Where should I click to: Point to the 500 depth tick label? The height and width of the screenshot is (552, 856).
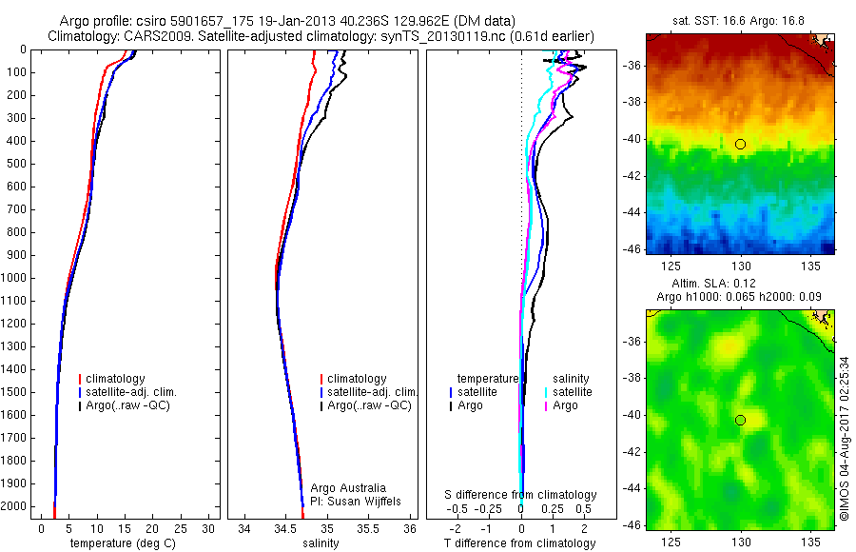point(15,164)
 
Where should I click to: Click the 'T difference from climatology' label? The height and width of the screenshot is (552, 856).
point(519,543)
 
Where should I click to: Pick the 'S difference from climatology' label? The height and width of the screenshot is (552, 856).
point(521,495)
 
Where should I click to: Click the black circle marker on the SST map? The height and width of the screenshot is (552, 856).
point(740,144)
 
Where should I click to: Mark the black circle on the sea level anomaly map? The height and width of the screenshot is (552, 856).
point(740,420)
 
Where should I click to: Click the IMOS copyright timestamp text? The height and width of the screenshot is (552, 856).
point(845,438)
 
